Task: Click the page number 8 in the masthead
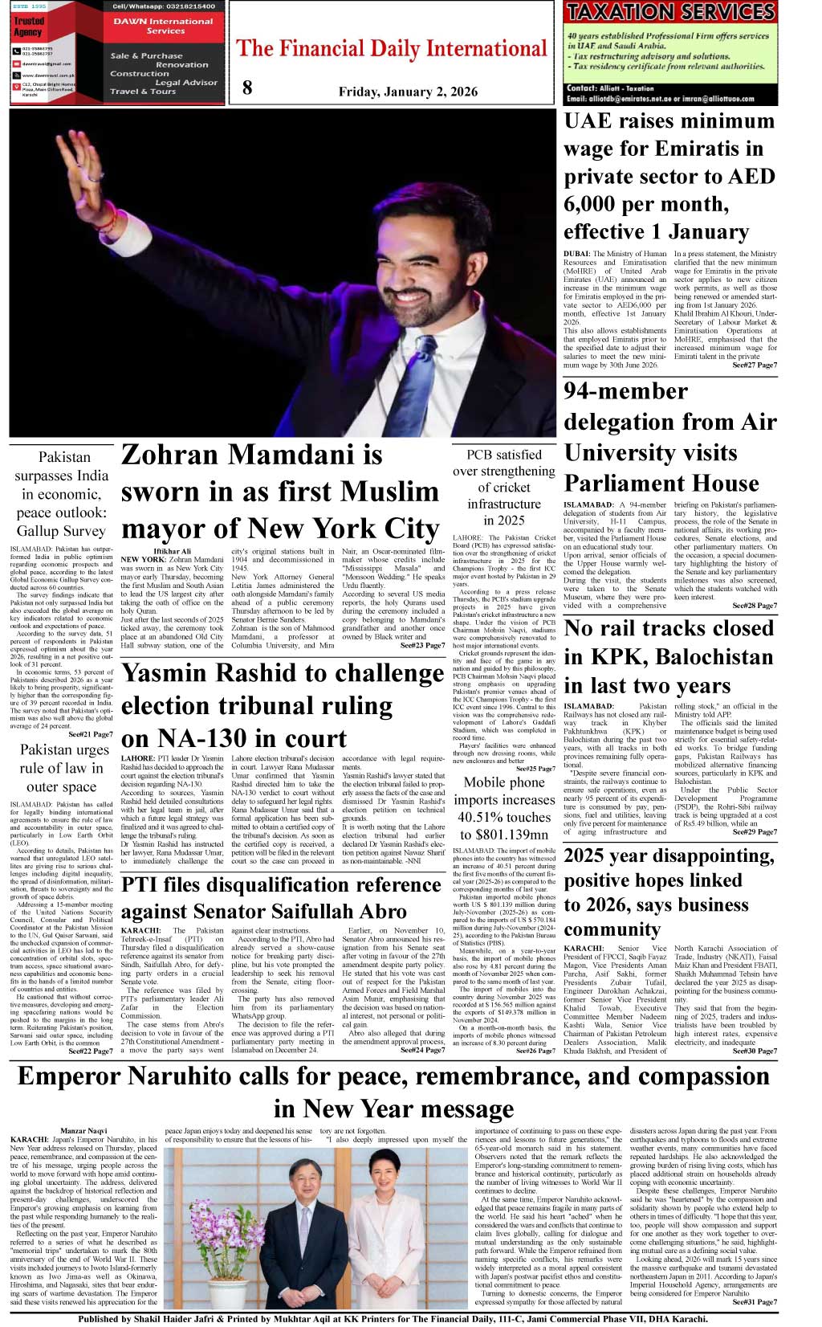click(247, 88)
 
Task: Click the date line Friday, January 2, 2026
click(408, 92)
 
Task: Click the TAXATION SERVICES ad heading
click(670, 12)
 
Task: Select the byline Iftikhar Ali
click(172, 551)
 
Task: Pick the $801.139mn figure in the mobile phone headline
click(504, 835)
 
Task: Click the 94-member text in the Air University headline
click(626, 392)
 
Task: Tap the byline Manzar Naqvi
click(83, 1131)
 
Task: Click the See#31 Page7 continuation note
click(754, 1302)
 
